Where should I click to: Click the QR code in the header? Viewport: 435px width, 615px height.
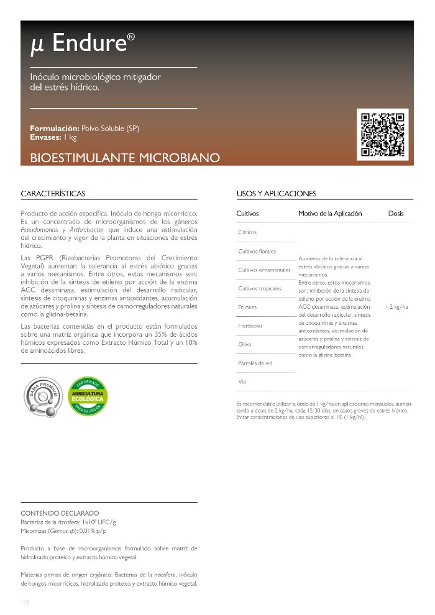click(x=383, y=134)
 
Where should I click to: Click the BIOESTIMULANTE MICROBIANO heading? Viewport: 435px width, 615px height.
click(x=125, y=158)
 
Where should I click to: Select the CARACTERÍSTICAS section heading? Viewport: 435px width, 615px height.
click(x=53, y=194)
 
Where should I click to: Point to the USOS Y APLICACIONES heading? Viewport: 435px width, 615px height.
click(x=277, y=194)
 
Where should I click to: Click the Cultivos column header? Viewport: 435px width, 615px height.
click(x=247, y=214)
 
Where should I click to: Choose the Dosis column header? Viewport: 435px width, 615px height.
click(x=396, y=214)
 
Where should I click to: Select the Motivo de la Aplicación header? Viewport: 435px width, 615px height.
click(x=330, y=214)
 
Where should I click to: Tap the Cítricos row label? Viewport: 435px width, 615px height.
click(x=247, y=232)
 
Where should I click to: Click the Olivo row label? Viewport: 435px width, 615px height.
click(x=245, y=344)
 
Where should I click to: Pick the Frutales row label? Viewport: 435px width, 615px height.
click(x=247, y=307)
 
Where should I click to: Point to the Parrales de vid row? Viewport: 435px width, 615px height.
click(x=255, y=363)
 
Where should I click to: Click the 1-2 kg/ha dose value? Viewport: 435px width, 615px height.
click(x=396, y=306)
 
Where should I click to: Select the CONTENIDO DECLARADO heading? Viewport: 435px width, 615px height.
click(x=60, y=514)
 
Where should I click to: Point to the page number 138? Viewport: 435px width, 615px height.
click(x=25, y=602)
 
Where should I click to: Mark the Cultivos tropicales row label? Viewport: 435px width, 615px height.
click(x=260, y=288)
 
